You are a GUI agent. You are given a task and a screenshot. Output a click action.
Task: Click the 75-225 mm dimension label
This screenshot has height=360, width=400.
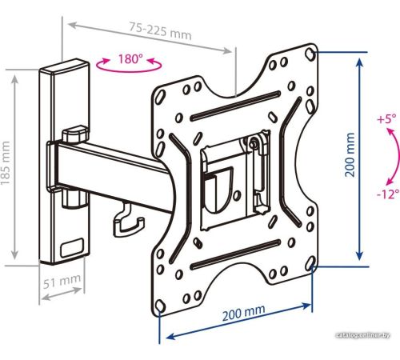coord(161,31)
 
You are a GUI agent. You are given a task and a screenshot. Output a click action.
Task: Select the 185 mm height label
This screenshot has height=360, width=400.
coord(6,163)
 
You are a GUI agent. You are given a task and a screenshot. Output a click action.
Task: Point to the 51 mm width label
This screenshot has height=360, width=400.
coord(62,281)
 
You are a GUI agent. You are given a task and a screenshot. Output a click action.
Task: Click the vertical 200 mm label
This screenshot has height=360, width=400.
coord(350,154)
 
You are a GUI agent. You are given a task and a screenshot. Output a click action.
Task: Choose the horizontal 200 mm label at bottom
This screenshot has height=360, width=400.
coord(244,313)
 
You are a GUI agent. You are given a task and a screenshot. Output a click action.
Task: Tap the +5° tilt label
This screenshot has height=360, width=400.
coord(386,118)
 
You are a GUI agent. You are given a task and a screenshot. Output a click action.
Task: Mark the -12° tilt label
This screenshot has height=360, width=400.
coord(388,194)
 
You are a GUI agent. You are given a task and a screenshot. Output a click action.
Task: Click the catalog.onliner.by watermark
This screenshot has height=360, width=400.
coord(363,335)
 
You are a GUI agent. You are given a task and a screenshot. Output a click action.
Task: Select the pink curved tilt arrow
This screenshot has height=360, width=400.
coord(397,156)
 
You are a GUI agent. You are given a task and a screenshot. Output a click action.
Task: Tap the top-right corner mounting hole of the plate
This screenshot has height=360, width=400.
coord(310,54)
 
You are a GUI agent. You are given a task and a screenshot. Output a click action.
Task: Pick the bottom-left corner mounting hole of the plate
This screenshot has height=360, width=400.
coord(160,306)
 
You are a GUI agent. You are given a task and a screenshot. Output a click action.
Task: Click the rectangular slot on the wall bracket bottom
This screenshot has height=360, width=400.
coord(72,248)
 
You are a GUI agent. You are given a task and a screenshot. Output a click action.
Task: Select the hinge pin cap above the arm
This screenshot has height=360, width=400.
coord(75,134)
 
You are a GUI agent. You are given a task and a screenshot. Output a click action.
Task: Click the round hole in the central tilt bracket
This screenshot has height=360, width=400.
coord(236,195)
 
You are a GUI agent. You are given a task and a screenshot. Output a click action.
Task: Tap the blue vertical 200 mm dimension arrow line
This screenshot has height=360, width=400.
coord(360,159)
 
